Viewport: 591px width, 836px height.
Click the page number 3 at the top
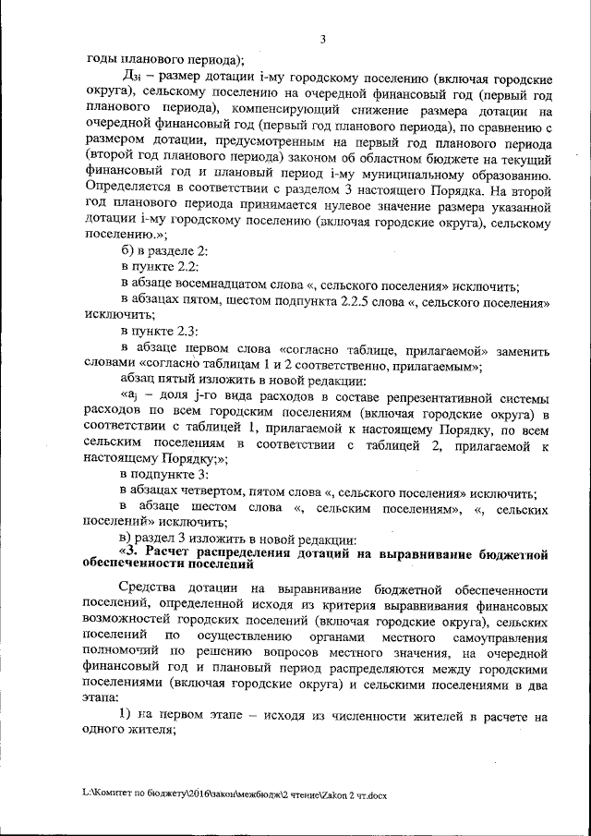point(322,39)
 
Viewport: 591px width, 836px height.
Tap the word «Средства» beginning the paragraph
point(151,589)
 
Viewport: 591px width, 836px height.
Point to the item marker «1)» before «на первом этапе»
point(127,717)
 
